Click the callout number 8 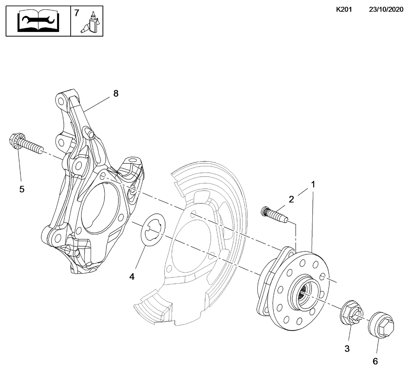tap(116, 94)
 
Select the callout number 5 tap(22, 189)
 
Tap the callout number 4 tap(132, 277)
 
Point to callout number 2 tap(291, 200)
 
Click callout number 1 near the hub tap(313, 185)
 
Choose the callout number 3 tap(347, 349)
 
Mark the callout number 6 tap(375, 361)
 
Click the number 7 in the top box tap(77, 13)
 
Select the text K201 tap(343, 10)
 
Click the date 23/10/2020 tap(386, 10)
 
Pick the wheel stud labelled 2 tap(274, 214)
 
